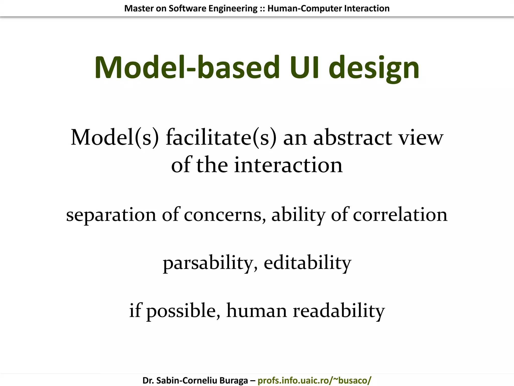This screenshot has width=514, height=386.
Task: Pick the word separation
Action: click(x=111, y=215)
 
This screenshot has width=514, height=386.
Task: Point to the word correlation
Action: click(x=400, y=215)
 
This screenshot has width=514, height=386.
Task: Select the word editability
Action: click(x=307, y=263)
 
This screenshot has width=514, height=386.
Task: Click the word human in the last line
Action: click(x=256, y=310)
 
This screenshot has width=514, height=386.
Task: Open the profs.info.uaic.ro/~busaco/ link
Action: click(x=314, y=380)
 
